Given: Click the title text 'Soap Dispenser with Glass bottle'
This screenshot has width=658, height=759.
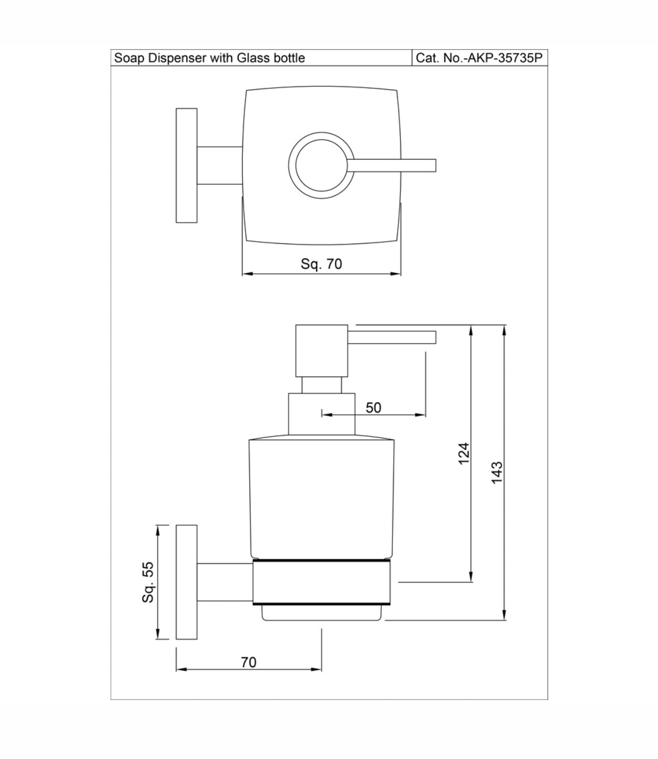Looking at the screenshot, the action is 209,58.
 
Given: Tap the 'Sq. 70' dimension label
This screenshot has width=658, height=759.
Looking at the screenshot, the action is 321,264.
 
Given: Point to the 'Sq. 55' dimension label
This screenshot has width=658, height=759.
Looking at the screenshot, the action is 148,582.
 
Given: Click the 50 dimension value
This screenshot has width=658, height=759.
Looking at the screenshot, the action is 373,407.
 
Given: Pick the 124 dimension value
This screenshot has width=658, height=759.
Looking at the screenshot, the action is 464,454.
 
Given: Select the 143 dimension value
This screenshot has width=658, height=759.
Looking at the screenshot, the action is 497,473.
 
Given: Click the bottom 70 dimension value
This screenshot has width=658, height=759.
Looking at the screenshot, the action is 248,662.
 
